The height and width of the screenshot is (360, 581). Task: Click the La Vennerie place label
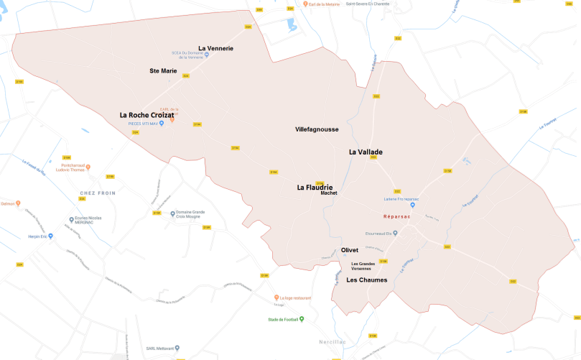click(x=215, y=48)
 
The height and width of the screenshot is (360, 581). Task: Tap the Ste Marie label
click(x=163, y=70)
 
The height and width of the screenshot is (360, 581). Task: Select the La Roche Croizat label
click(x=147, y=115)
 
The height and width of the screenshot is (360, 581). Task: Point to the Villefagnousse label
click(x=317, y=129)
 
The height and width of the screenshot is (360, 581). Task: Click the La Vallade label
click(x=366, y=152)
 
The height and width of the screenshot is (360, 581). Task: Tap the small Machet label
click(x=329, y=193)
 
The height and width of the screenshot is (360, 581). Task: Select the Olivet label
click(x=350, y=250)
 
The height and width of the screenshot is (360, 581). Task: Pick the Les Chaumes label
click(x=366, y=280)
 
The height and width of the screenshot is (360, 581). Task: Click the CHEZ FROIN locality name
click(x=98, y=193)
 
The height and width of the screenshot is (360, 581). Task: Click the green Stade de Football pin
click(x=302, y=319)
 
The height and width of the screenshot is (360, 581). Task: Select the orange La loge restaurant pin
click(x=276, y=297)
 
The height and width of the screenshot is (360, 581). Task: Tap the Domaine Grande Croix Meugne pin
click(x=172, y=213)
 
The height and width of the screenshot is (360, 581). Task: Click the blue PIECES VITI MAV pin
click(x=161, y=123)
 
